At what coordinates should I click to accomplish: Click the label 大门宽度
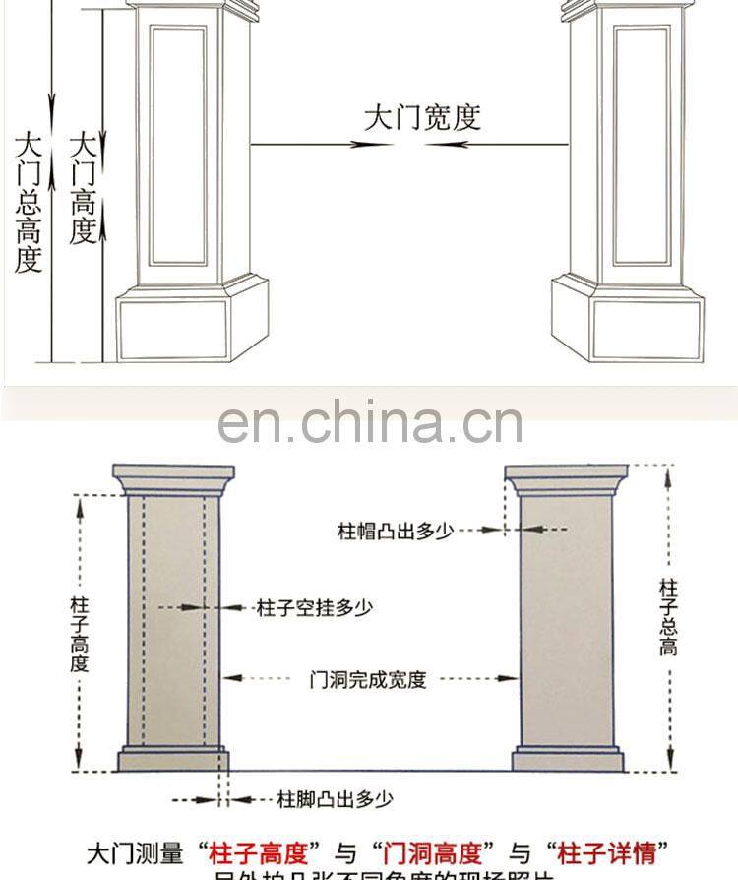[x=422, y=118]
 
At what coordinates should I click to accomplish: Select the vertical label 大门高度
[x=83, y=187]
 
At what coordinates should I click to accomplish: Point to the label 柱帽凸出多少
[x=396, y=532]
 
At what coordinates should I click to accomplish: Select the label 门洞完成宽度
[x=368, y=679]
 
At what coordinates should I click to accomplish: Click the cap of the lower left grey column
[x=175, y=479]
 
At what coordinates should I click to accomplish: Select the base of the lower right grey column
[x=567, y=760]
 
